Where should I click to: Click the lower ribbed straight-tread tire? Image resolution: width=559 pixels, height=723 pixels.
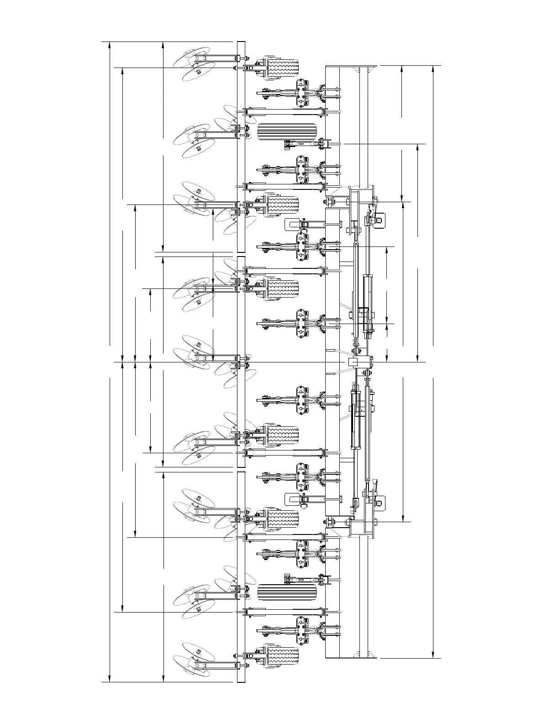coord(287,592)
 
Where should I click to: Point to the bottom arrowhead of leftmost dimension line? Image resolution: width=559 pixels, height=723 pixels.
coord(110,680)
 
